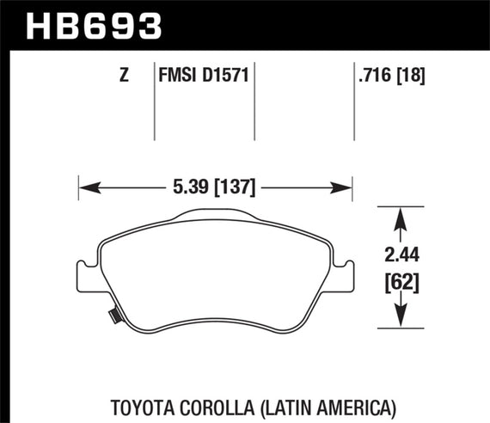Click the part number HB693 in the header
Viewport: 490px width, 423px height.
pyautogui.click(x=95, y=25)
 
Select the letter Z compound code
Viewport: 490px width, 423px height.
pyautogui.click(x=125, y=76)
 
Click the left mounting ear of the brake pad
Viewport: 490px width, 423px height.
pyautogui.click(x=86, y=278)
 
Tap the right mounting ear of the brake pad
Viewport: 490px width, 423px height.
pyautogui.click(x=345, y=276)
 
